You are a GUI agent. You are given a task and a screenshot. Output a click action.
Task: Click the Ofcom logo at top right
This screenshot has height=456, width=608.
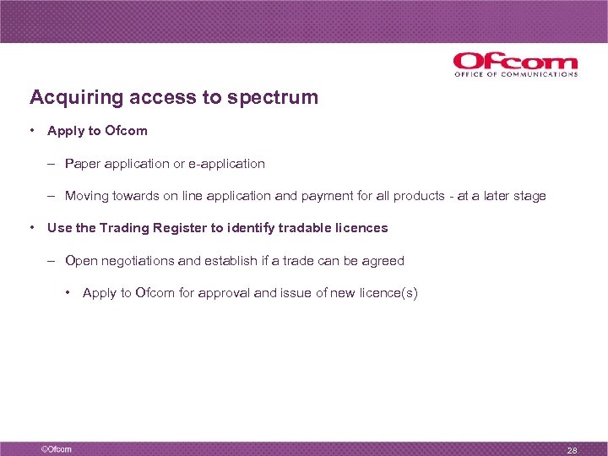click(x=515, y=64)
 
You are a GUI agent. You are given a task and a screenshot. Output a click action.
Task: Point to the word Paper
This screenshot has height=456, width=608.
click(x=82, y=164)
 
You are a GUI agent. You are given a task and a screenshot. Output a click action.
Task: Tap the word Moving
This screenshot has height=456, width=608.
click(x=87, y=196)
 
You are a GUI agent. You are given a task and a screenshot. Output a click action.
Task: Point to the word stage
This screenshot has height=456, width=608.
click(x=529, y=196)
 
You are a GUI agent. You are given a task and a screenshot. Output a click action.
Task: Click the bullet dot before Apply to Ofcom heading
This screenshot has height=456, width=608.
click(x=31, y=131)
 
